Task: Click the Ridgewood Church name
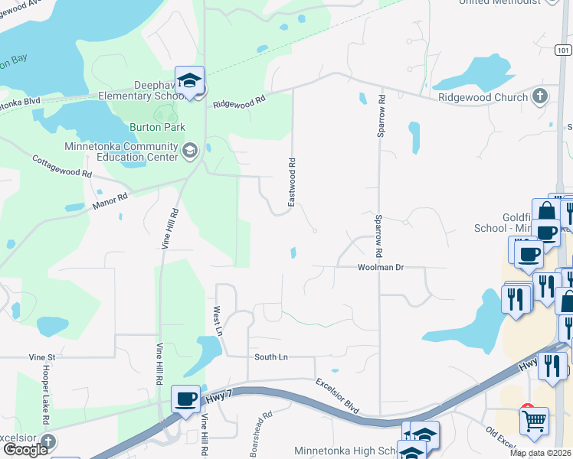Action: [x=483, y=97]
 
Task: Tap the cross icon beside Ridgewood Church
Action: [x=541, y=96]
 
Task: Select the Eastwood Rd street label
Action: [x=291, y=182]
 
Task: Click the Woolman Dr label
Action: [x=380, y=268]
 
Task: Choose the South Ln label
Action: [x=271, y=357]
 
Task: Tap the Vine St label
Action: [x=42, y=357]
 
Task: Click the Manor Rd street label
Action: [x=110, y=204]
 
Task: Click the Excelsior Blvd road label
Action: [x=338, y=396]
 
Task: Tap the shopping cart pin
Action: [x=533, y=419]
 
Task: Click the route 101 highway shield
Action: [x=563, y=50]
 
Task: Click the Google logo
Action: [x=25, y=450]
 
